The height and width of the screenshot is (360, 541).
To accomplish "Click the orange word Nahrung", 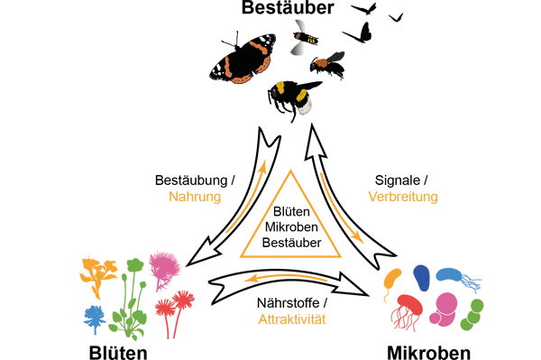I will (200, 197).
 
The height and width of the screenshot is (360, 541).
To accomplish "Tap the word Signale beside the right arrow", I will (396, 180).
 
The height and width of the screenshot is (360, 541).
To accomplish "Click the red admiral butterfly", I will (241, 62).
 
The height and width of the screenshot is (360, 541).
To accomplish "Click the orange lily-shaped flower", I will (98, 271).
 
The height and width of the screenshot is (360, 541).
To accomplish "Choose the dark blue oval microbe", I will (421, 282).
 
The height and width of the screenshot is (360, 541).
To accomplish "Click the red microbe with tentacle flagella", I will (406, 309).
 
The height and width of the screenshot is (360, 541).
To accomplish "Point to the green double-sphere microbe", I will (474, 314).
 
